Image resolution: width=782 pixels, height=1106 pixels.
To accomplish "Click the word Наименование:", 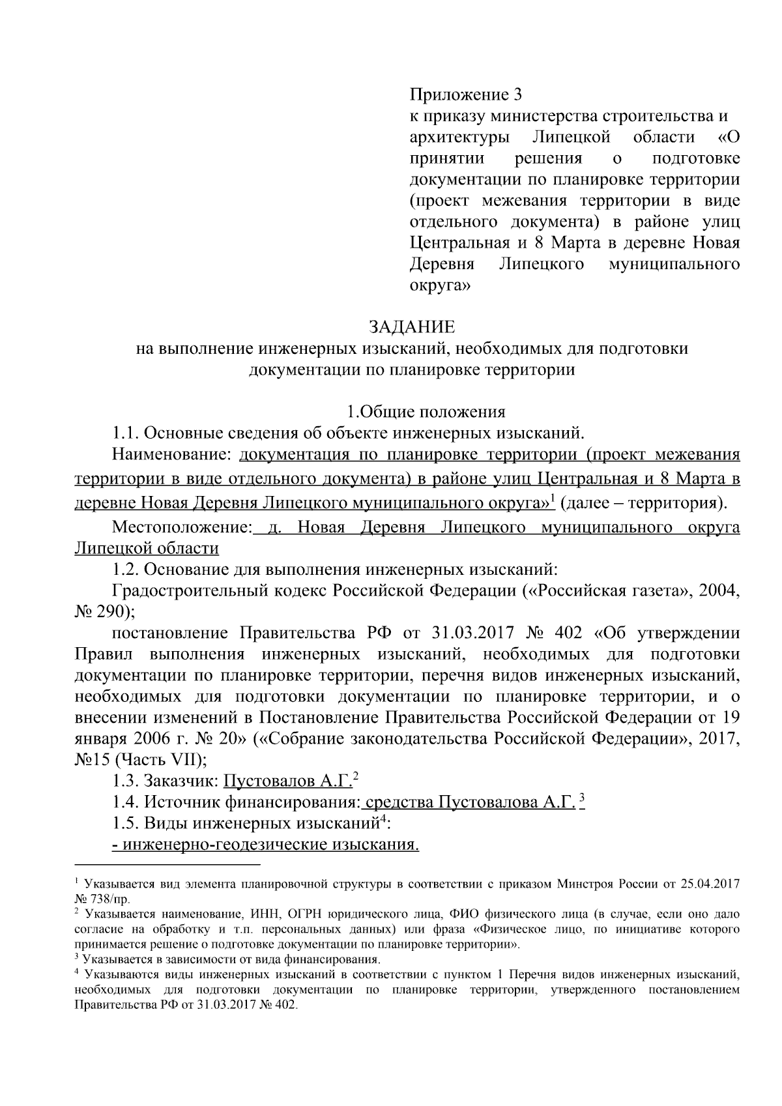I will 172,454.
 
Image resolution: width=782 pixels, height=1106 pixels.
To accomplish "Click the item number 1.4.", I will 126,802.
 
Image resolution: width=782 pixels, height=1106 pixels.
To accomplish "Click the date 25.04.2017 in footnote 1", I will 709,884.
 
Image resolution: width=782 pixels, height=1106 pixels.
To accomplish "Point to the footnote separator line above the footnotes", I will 168,865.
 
